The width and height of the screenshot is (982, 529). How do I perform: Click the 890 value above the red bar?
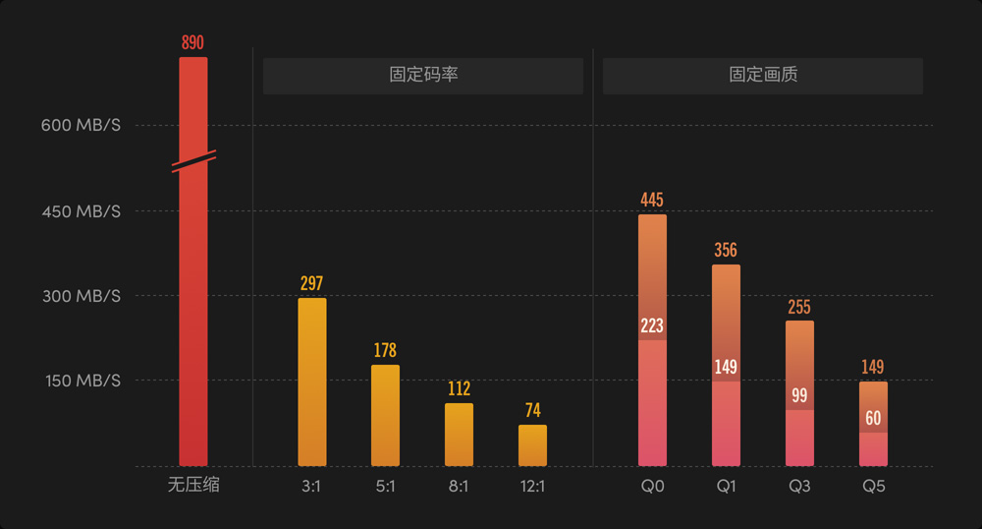pos(192,42)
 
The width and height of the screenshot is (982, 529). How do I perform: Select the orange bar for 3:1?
pos(311,382)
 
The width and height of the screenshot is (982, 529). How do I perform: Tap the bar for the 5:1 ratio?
pos(385,415)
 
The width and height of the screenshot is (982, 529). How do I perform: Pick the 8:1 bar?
pos(459,434)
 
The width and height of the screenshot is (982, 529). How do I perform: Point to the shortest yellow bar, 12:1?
pos(532,445)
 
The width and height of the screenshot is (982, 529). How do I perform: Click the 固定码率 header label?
pos(423,76)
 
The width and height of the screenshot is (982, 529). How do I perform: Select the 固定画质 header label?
pos(763,76)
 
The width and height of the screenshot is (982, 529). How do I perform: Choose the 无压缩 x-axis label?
pos(192,486)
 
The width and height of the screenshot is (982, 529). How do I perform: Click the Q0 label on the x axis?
pos(652,486)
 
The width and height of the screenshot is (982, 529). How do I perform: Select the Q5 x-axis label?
pos(873,486)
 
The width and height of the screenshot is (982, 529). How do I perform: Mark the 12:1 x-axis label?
pos(532,486)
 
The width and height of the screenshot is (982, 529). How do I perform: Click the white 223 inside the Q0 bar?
pos(652,326)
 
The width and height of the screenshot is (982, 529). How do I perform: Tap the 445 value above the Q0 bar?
pos(652,200)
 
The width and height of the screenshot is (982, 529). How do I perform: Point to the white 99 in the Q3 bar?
pos(799,396)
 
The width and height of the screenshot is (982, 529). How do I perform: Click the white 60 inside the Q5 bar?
pos(873,419)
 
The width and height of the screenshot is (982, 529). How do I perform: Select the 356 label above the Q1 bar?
pos(726,250)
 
